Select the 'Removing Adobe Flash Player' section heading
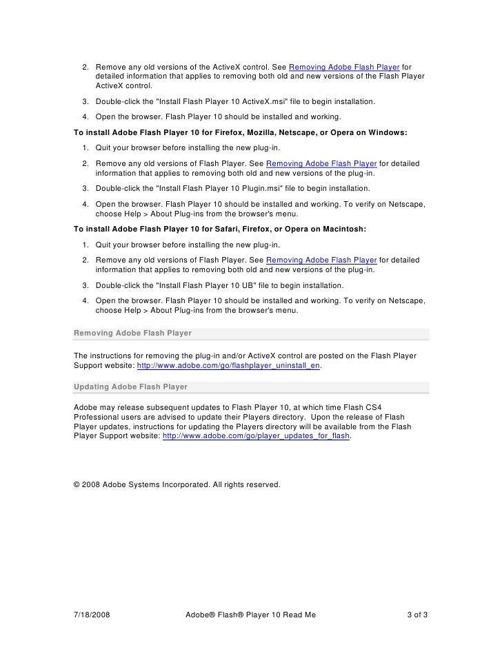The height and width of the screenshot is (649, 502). click(132, 333)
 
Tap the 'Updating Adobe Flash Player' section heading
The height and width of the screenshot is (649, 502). click(130, 387)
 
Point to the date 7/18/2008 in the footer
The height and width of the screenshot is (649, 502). click(91, 614)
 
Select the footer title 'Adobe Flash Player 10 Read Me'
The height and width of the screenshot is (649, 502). click(250, 614)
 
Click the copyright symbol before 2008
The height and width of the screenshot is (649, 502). click(77, 484)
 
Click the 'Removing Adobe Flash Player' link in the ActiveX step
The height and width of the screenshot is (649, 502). click(344, 67)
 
